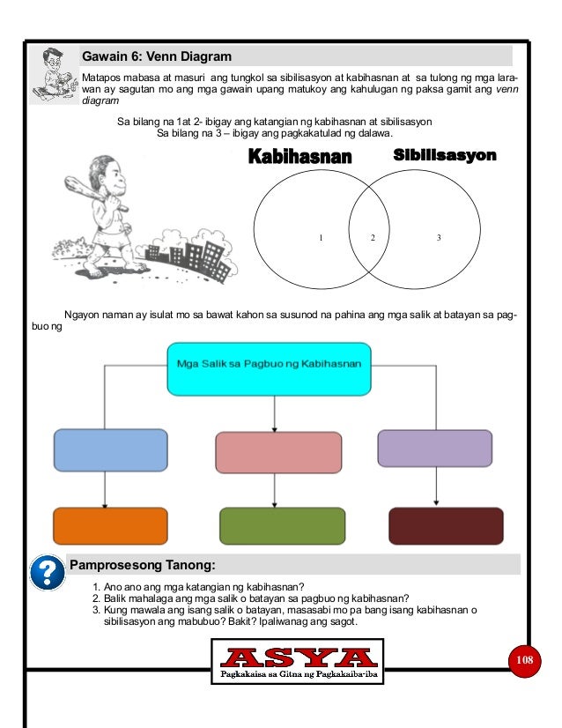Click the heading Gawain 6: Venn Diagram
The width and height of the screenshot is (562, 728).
pyautogui.click(x=157, y=56)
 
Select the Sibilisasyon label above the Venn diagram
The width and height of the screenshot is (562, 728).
pyautogui.click(x=444, y=155)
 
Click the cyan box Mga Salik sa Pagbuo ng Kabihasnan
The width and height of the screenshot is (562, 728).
pyautogui.click(x=270, y=369)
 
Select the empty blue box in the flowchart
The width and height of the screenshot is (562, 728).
pyautogui.click(x=110, y=449)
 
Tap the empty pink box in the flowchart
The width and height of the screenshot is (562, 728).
pyautogui.click(x=277, y=453)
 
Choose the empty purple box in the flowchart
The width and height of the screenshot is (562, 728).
pyautogui.click(x=434, y=447)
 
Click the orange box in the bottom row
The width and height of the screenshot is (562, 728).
pyautogui.click(x=110, y=526)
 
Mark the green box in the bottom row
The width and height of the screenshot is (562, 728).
pyautogui.click(x=277, y=526)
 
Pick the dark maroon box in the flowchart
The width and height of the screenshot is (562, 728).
pyautogui.click(x=446, y=526)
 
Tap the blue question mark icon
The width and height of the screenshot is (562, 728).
pyautogui.click(x=46, y=573)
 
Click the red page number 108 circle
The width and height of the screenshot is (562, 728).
pyautogui.click(x=526, y=660)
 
